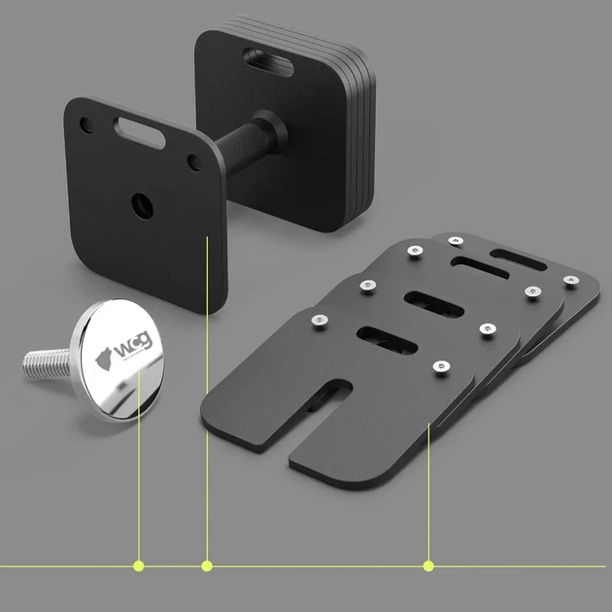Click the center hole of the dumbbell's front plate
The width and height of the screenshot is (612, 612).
click(x=142, y=206)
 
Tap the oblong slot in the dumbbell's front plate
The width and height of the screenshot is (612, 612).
click(x=139, y=133)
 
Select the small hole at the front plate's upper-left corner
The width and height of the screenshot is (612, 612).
click(x=85, y=125)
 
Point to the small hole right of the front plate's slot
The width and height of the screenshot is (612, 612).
click(x=194, y=163)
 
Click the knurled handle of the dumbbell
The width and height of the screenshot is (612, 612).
click(x=242, y=149)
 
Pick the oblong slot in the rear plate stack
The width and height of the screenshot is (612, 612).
click(x=268, y=62)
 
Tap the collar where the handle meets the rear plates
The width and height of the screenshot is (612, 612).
click(x=271, y=131)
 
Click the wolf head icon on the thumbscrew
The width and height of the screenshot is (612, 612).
click(x=104, y=358)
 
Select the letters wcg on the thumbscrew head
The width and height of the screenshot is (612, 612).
click(x=132, y=345)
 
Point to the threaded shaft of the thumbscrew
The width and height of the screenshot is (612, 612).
click(x=47, y=364)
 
